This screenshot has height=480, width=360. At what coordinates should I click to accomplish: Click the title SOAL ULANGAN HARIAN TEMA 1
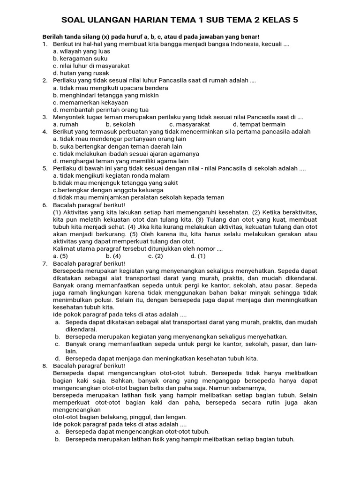[180, 20]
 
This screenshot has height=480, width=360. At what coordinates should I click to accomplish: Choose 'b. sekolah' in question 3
[120, 124]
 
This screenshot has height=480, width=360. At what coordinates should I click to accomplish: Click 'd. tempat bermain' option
[259, 124]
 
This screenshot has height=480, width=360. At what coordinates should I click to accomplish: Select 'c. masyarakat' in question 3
[189, 124]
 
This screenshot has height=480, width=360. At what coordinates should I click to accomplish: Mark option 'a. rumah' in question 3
[66, 124]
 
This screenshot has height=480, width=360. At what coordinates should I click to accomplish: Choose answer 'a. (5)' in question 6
[60, 256]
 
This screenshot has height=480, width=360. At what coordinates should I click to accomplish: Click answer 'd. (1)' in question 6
[198, 256]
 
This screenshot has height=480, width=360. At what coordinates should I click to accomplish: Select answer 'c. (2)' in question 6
[156, 256]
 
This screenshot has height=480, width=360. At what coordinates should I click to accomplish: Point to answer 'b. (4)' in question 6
[113, 256]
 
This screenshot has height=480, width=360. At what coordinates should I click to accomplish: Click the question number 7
[45, 263]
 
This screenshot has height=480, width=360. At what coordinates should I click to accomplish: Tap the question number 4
[45, 132]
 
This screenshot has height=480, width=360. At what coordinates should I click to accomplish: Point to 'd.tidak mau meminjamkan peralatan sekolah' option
[139, 197]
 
